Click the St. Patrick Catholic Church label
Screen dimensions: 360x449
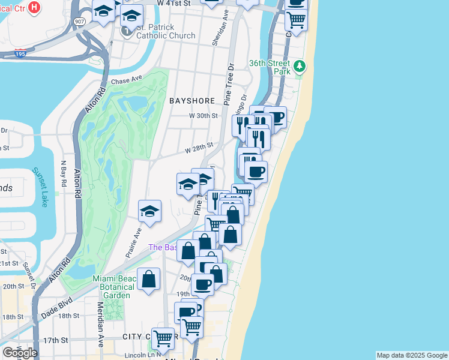pos(159,31)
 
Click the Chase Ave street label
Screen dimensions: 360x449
pos(125,80)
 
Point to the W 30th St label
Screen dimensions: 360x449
pos(202,116)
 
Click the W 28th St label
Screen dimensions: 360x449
pos(199,146)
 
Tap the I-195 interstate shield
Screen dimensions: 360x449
pos(20,53)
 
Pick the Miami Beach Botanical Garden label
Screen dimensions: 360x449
pos(112,287)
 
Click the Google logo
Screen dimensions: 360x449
pos(20,353)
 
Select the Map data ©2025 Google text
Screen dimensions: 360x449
pos(412,355)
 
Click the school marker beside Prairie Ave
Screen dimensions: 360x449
pos(149,211)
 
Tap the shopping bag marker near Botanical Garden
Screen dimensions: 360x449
pos(149,279)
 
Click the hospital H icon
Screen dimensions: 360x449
pos(35,7)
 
